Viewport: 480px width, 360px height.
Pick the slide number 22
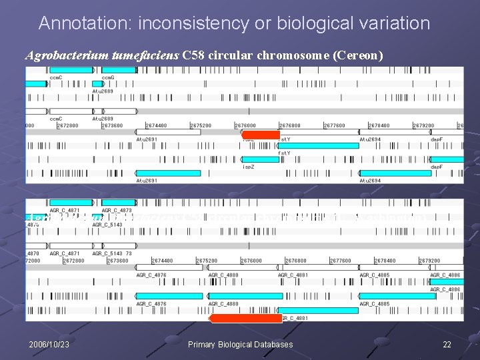pyautogui.click(x=447, y=345)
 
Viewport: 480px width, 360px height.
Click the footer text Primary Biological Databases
pyautogui.click(x=240, y=345)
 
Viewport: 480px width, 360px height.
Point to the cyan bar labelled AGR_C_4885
pyautogui.click(x=397, y=296)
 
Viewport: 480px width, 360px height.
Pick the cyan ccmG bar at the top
pyautogui.click(x=118, y=69)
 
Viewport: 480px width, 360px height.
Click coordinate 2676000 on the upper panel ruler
pyautogui.click(x=245, y=125)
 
